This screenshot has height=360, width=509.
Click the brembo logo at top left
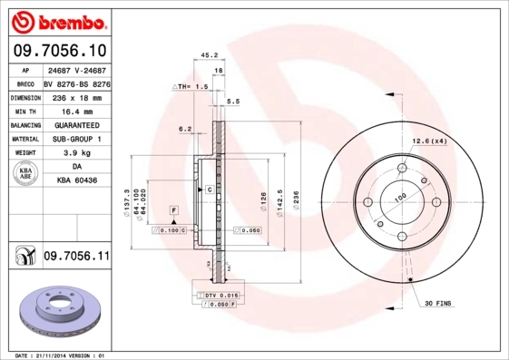point(58,20)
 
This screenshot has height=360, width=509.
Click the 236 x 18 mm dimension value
point(76,96)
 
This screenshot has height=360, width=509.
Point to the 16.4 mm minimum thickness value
point(76,110)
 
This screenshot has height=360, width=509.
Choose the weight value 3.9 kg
point(76,153)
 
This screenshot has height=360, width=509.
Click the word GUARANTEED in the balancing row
point(76,124)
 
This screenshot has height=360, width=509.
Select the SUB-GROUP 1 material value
point(76,139)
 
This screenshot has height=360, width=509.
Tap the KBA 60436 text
point(76,181)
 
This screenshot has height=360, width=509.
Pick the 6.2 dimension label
point(185,129)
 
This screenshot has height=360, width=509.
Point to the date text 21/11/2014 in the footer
point(54,355)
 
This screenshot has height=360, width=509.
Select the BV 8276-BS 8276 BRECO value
point(76,82)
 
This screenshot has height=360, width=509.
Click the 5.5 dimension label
point(233,101)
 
